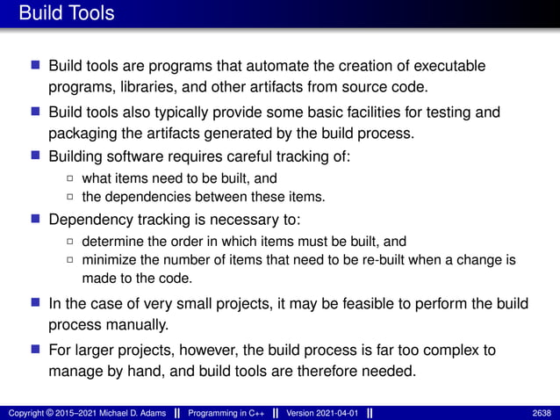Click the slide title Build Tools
pyautogui.click(x=66, y=14)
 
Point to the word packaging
pyautogui.click(x=84, y=134)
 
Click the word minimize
pyautogui.click(x=108, y=260)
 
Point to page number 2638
pyautogui.click(x=542, y=413)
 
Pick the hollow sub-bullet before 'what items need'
pyautogui.click(x=70, y=179)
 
